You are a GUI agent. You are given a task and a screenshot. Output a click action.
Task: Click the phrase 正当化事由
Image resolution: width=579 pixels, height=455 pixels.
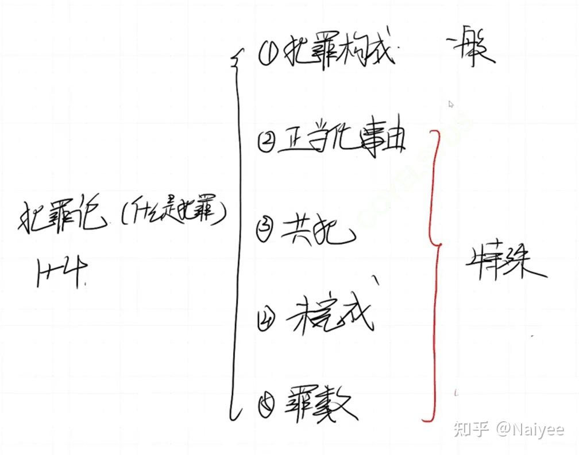(x=342, y=141)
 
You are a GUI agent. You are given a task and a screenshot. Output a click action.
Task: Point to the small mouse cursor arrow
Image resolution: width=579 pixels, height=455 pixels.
(x=451, y=104)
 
